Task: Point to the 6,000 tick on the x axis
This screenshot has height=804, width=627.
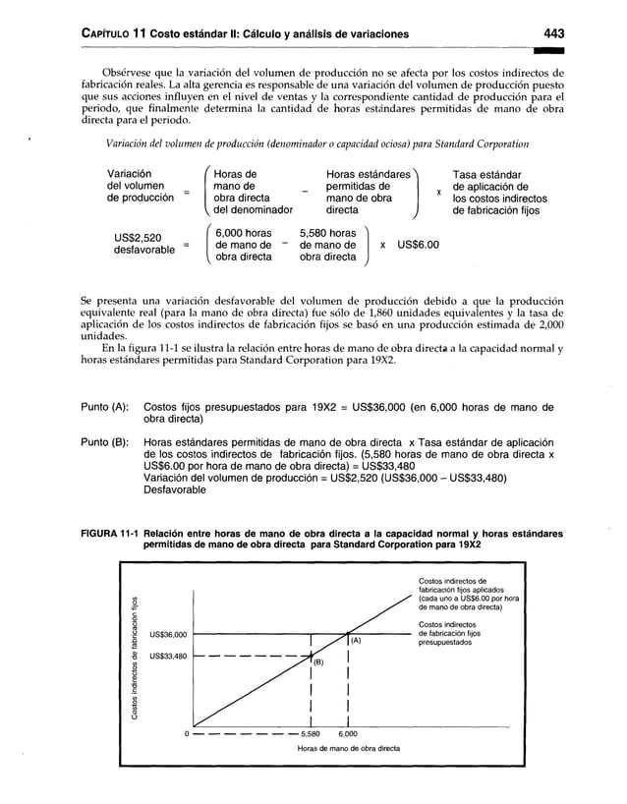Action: point(348,733)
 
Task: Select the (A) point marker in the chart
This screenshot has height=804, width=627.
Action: point(356,641)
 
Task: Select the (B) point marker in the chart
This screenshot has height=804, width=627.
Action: point(318,661)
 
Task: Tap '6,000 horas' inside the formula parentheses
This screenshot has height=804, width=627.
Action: point(245,232)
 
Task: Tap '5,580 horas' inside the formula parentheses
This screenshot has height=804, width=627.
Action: point(327,232)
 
